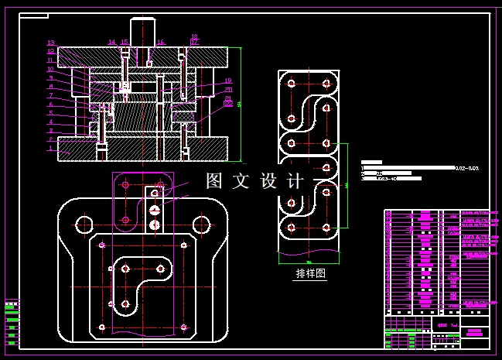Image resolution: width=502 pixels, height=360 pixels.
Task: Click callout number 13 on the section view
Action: (51, 43)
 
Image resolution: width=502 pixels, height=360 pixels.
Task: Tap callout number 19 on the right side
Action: (228, 81)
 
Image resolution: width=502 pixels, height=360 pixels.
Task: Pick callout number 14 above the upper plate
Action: (111, 43)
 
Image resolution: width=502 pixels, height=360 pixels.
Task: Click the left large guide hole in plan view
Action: (84, 225)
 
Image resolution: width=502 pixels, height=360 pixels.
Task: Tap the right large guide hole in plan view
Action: (202, 225)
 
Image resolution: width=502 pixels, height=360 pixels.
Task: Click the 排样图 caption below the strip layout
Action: (311, 273)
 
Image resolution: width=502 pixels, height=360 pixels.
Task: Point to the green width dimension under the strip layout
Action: (309, 262)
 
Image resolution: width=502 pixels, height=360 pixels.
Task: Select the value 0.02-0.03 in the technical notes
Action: (467, 168)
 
